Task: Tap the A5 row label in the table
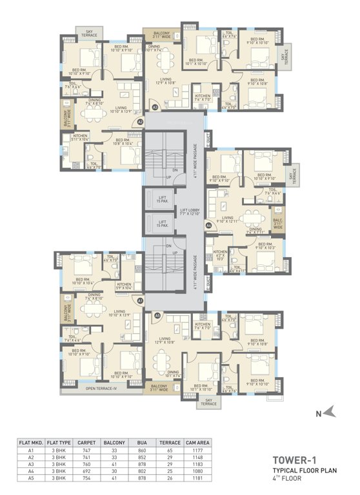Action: point(30,478)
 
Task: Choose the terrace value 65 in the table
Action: point(171,451)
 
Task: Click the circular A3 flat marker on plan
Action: point(155,107)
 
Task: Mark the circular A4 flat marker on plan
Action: point(209,225)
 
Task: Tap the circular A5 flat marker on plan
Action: point(157,315)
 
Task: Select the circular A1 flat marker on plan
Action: point(140,300)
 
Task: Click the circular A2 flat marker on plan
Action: point(140,122)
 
